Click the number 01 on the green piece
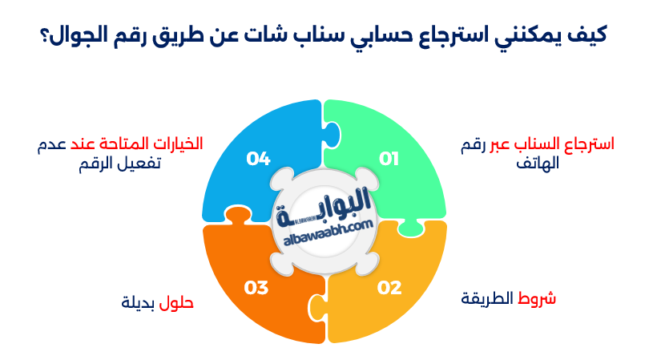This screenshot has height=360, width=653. coord(389,159)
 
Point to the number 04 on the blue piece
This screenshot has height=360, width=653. coord(258,159)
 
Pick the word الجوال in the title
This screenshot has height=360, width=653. coord(80,36)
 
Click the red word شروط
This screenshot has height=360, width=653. coord(538,299)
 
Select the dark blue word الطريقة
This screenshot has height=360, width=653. coord(489,299)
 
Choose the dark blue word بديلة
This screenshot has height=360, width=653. coord(139,303)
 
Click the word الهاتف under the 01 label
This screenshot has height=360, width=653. coord(538,164)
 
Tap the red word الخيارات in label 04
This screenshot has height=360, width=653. coord(178,144)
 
